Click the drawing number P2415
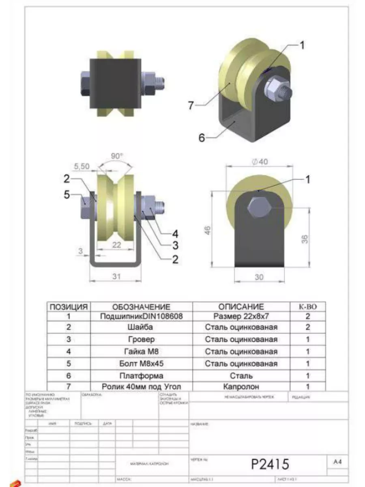270,463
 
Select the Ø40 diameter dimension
260,162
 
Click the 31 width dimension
116,276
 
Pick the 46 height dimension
207,232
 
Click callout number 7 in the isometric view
191,105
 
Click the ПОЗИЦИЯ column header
69,307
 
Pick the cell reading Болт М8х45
141,364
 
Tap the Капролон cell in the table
241,387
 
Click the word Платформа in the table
141,376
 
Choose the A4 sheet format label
337,461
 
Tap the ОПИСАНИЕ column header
241,307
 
